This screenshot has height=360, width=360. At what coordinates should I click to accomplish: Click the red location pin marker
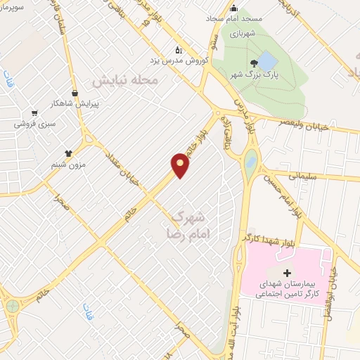tap(181, 165)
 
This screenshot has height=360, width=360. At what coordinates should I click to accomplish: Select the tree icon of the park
tap(244, 63)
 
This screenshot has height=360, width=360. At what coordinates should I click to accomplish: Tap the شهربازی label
tap(245, 32)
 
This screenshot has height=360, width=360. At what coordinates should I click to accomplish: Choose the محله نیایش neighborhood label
tap(127, 82)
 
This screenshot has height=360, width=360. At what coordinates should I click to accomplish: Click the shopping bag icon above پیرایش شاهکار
tap(75, 92)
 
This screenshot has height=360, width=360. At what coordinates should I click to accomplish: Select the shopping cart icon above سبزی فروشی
tap(34, 113)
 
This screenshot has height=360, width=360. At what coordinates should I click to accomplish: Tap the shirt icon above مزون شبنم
tap(68, 153)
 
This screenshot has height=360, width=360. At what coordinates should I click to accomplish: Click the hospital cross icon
tap(285, 272)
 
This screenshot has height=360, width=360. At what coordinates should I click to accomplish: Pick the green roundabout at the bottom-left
tap(12, 307)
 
